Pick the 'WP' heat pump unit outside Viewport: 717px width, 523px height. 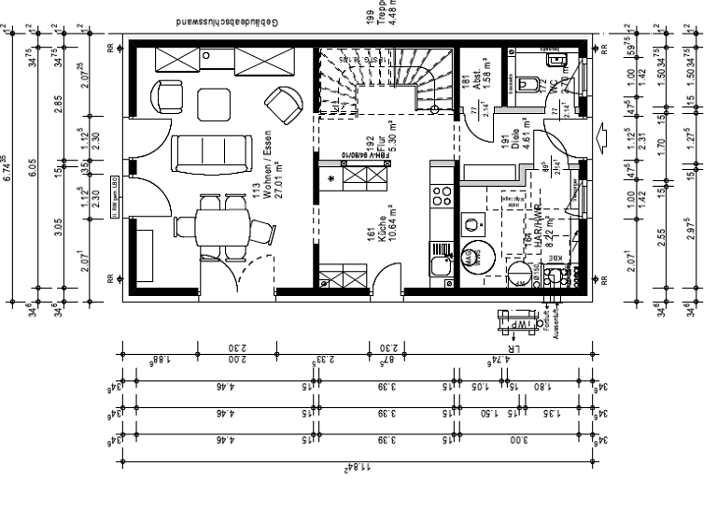[512, 323]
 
